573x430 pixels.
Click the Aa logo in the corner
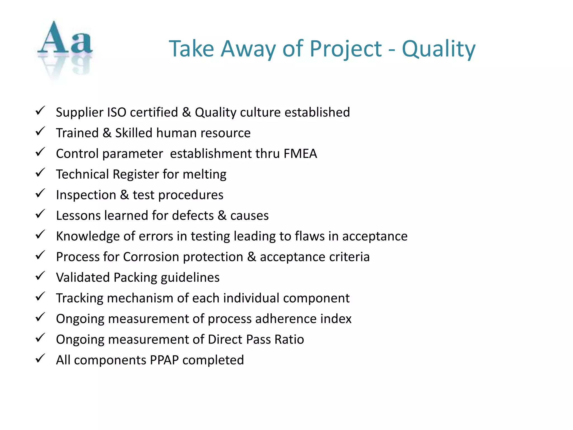[65, 48]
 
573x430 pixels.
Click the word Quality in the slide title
[438, 49]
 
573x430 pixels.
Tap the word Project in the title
[346, 49]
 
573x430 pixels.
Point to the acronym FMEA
[300, 154]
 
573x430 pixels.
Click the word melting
[205, 174]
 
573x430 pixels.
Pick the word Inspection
[86, 195]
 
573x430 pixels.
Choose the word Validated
[83, 278]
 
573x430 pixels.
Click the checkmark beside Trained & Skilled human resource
[40, 131]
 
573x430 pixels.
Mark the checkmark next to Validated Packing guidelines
[40, 276]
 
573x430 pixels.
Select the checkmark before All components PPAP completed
[40, 359]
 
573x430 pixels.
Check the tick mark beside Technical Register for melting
[40, 173]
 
